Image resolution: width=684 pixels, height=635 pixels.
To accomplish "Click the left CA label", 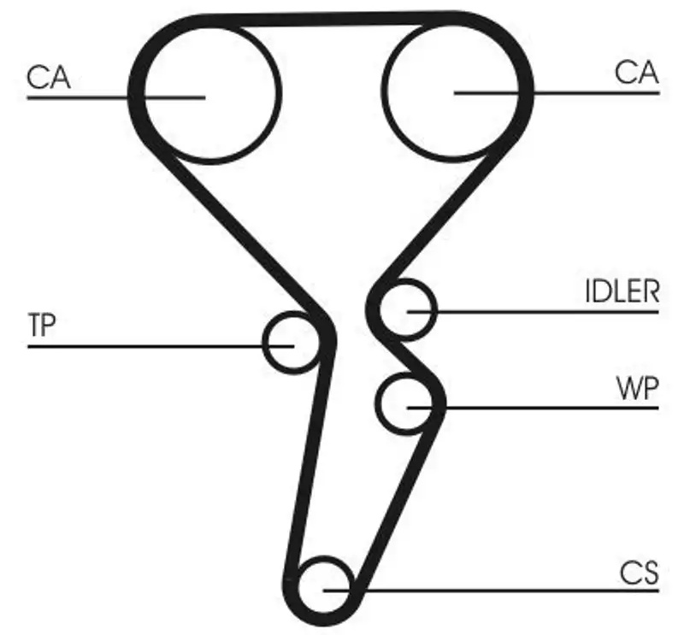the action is click(49, 78).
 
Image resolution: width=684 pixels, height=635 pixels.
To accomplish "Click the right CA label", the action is click(636, 73).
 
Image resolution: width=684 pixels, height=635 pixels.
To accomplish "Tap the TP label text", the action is click(42, 325).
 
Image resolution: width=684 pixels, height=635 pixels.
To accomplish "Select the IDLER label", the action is click(622, 291).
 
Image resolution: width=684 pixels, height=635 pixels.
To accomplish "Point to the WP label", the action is click(637, 388).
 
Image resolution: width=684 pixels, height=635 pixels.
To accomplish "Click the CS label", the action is click(639, 573).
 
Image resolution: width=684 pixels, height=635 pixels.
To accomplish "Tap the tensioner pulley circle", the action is click(264, 343).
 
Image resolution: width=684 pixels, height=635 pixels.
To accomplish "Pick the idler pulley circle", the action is click(435, 309).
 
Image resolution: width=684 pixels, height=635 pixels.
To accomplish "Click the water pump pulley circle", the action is click(376, 403).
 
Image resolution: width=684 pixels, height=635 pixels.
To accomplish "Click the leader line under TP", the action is click(161, 346).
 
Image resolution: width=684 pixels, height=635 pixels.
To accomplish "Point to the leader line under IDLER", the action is click(533, 312).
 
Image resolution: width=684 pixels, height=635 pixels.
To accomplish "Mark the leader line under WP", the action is click(533, 408).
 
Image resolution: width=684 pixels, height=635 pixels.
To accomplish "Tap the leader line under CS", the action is click(491, 591).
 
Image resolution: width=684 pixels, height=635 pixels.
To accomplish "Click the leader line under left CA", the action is click(116, 97).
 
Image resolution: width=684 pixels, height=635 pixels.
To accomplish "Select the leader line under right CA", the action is click(557, 93).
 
